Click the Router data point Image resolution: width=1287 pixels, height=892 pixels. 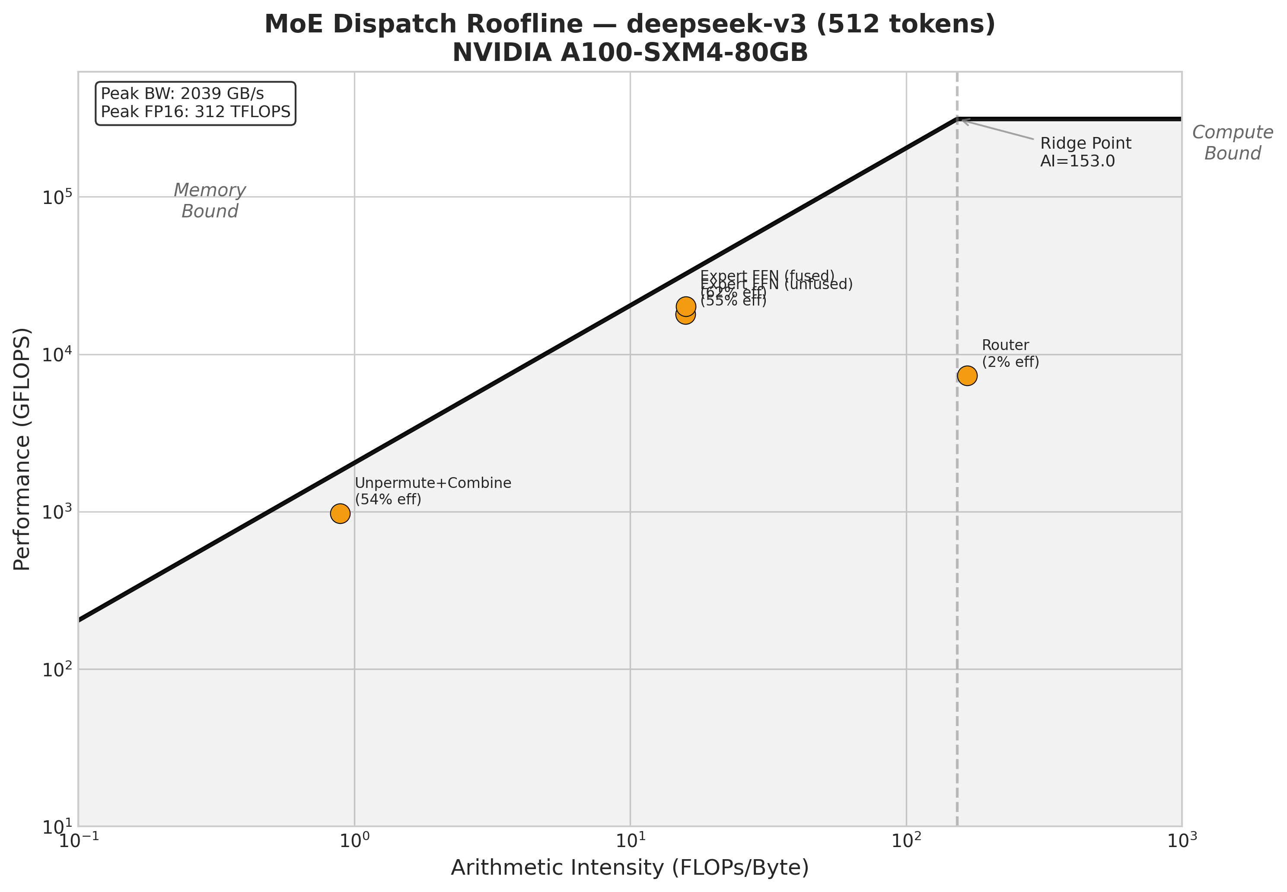click(x=967, y=376)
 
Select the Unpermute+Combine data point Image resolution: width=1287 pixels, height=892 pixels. click(x=340, y=513)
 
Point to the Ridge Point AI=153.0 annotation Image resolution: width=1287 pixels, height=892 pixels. click(x=1085, y=152)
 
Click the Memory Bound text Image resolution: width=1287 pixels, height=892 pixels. click(x=210, y=201)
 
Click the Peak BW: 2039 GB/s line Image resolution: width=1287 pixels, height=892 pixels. click(x=182, y=93)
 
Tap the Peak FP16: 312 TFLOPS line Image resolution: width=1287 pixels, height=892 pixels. click(x=196, y=112)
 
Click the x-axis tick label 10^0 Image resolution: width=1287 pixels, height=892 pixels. click(x=354, y=840)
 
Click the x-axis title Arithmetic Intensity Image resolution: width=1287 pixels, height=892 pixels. click(x=630, y=868)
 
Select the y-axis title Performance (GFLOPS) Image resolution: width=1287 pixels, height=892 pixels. click(x=22, y=449)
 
